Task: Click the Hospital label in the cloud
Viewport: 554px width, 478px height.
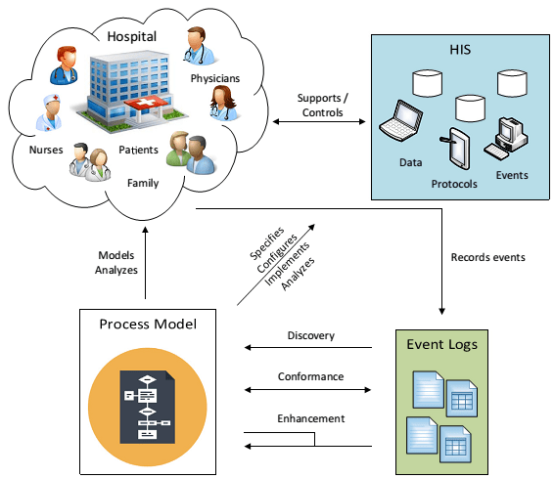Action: point(132,37)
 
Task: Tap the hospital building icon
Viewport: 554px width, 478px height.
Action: point(129,91)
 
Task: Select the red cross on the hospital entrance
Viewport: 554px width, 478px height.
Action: point(146,103)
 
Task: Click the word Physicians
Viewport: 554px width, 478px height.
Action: point(215,78)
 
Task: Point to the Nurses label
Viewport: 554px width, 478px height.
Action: point(46,150)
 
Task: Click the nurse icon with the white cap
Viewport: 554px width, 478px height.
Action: point(49,112)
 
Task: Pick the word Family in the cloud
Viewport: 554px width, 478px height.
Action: point(143,183)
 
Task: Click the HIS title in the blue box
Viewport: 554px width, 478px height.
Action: point(460,50)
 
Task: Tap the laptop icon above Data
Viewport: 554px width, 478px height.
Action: point(400,120)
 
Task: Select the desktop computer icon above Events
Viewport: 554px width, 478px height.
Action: point(506,139)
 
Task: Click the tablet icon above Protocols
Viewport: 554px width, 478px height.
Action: point(456,149)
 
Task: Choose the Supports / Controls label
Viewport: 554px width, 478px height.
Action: point(323,106)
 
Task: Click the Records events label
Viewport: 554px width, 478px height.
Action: point(487,257)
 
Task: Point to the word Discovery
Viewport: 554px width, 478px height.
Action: point(311,335)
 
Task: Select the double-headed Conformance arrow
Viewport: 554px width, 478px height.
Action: point(307,390)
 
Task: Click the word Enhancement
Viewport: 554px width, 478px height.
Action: point(311,418)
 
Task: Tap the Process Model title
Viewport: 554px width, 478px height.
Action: point(148,325)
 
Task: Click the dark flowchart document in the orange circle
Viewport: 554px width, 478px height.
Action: point(148,407)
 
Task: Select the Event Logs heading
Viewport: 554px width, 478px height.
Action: point(442,345)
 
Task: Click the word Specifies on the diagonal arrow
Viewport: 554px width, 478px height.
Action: point(267,243)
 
